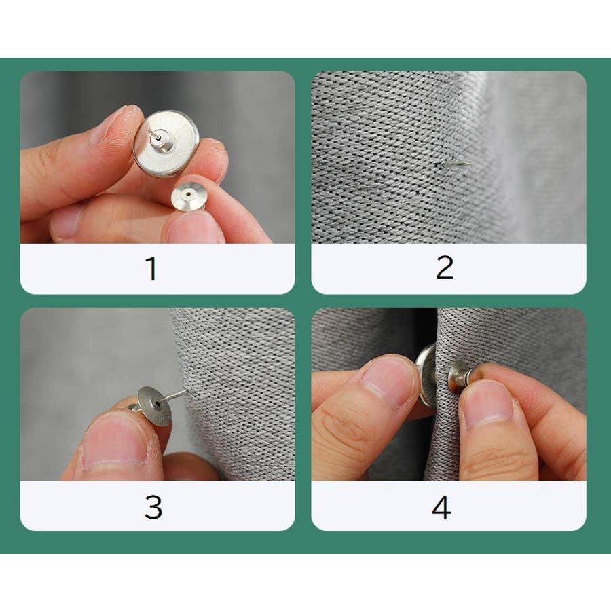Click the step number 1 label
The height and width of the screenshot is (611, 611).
click(152, 268)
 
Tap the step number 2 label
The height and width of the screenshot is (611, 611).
click(445, 267)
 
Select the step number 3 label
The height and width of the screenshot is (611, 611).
click(153, 507)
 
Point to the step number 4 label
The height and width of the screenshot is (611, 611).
click(441, 508)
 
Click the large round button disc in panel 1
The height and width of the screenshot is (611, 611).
click(166, 143)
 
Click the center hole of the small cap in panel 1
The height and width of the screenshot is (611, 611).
click(189, 193)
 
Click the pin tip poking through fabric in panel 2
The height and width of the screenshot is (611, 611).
click(453, 164)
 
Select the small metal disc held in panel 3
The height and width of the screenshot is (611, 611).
click(155, 406)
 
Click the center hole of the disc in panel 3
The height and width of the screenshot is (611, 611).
click(157, 404)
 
